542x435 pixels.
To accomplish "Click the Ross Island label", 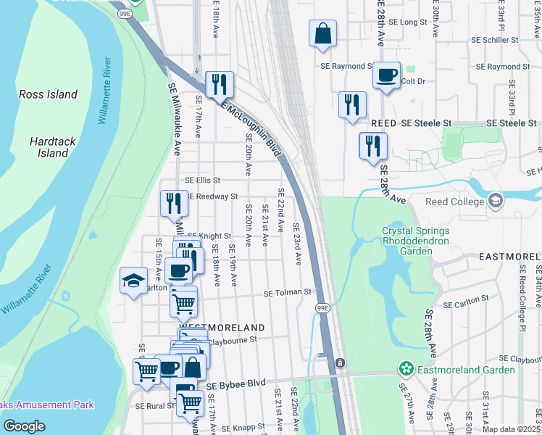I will tap(48, 94).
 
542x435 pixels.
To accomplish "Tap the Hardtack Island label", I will tap(49, 147).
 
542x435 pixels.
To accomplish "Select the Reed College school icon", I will tap(496, 200).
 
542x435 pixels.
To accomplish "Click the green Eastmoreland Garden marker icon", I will tap(407, 370).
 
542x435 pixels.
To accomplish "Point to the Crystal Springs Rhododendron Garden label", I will tap(416, 241).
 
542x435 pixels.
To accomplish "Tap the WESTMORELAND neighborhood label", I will tap(214, 328).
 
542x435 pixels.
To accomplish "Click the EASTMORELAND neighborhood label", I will tap(510, 257).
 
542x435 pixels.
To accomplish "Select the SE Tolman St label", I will tap(287, 293).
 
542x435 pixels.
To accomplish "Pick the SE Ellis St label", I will tap(202, 180).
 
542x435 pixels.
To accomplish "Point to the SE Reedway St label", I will tap(212, 196).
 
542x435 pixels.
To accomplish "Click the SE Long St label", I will tap(409, 22).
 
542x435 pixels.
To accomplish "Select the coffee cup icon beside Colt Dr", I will tap(387, 75).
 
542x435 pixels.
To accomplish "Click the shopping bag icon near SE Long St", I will tap(322, 33).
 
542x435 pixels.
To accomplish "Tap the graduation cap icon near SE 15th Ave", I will tap(133, 281).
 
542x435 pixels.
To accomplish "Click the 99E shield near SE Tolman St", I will tap(323, 308).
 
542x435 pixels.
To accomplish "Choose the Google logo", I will tap(24, 426).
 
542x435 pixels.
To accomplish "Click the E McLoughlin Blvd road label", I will tap(251, 128).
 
